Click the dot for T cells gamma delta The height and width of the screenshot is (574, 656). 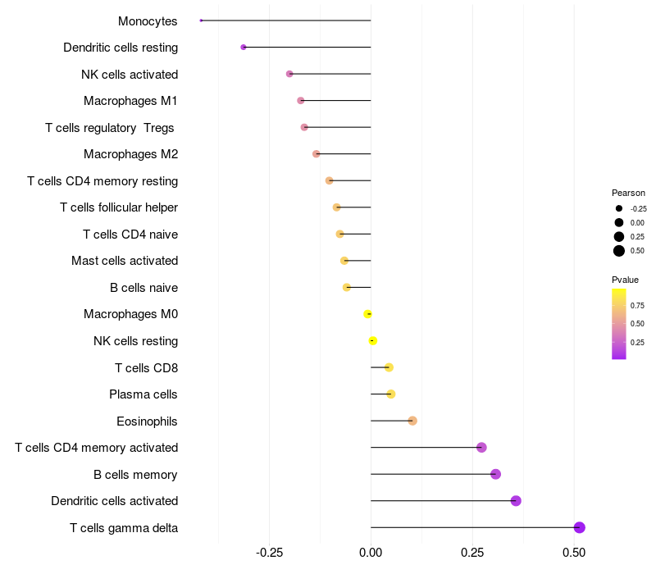point(580,527)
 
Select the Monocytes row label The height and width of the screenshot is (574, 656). point(148,20)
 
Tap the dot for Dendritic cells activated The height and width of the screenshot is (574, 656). point(516,501)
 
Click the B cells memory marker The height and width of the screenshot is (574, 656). point(495,474)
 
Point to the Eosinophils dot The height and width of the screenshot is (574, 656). point(412,421)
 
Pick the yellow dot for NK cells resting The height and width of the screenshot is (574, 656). point(373,340)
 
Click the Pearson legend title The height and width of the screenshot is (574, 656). point(628,193)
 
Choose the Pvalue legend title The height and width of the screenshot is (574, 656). point(626,280)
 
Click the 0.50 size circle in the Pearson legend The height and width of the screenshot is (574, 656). point(619,251)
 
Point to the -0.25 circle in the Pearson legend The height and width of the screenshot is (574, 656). point(619,208)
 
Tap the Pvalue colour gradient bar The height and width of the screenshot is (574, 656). point(619,323)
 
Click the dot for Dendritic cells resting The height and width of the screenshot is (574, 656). point(244,48)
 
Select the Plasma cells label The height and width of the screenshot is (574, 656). point(143,394)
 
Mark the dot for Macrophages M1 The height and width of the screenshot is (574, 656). point(301,100)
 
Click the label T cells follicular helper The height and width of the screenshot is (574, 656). point(119,207)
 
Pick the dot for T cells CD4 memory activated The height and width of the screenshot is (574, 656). point(481,447)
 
